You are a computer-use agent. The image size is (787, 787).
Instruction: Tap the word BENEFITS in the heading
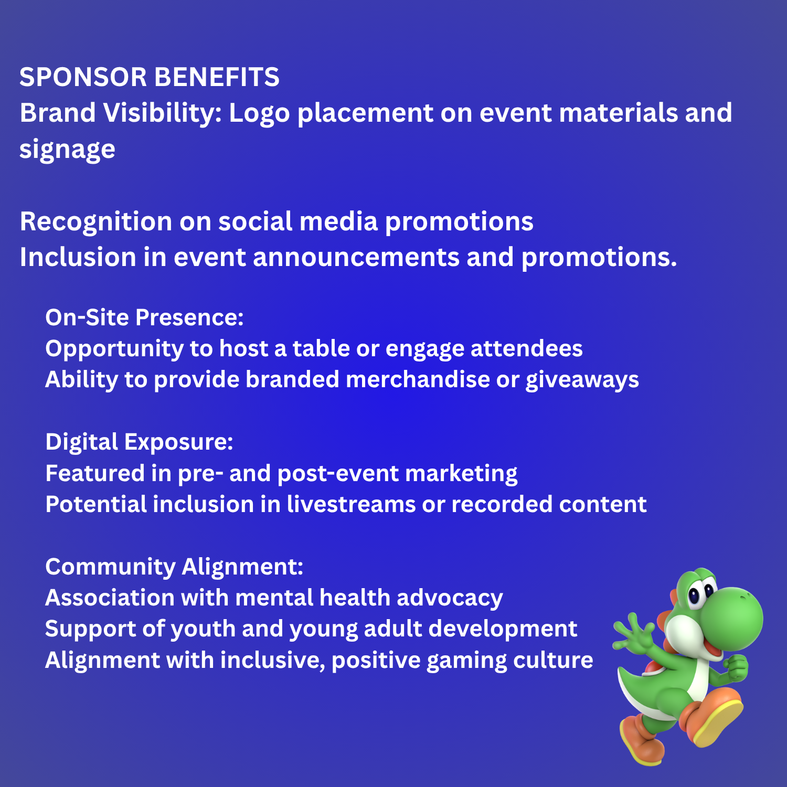pyautogui.click(x=217, y=77)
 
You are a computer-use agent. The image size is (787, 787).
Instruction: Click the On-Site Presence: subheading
pyautogui.click(x=144, y=317)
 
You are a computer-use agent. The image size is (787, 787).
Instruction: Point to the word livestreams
pyautogui.click(x=351, y=504)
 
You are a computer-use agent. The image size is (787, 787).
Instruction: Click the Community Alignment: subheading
pyautogui.click(x=174, y=567)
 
